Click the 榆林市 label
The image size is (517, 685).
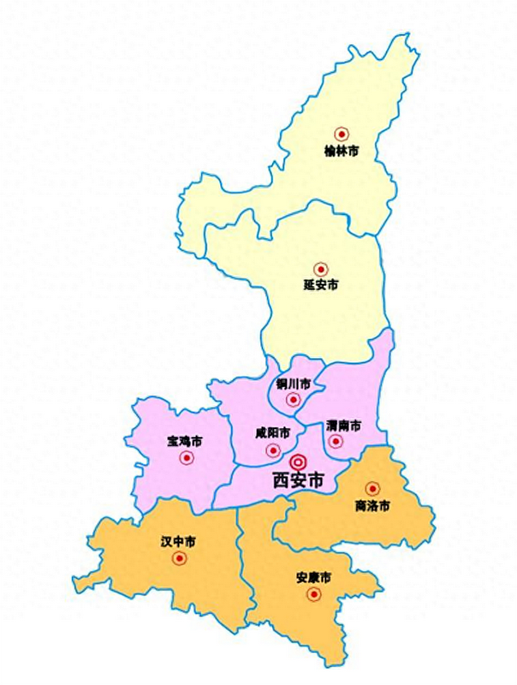(x=341, y=151)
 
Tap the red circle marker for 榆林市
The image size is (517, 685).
(x=342, y=134)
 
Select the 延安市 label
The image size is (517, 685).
(x=321, y=285)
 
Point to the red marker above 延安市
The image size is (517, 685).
(x=321, y=269)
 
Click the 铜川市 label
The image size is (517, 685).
(x=292, y=383)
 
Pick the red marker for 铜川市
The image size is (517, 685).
(x=293, y=399)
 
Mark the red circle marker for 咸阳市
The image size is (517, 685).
(x=275, y=450)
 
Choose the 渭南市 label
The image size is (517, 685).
(x=343, y=425)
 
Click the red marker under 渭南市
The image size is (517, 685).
(x=337, y=441)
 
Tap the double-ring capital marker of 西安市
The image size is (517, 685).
(x=298, y=462)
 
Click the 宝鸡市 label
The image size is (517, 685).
(x=185, y=441)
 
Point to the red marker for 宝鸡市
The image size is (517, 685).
(x=187, y=458)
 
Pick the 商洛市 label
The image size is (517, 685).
(x=372, y=506)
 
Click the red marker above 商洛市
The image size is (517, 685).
(x=372, y=488)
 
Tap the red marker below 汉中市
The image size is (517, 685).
(x=179, y=558)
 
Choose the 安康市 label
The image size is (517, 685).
(x=313, y=578)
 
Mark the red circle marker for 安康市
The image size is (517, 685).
(x=313, y=595)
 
